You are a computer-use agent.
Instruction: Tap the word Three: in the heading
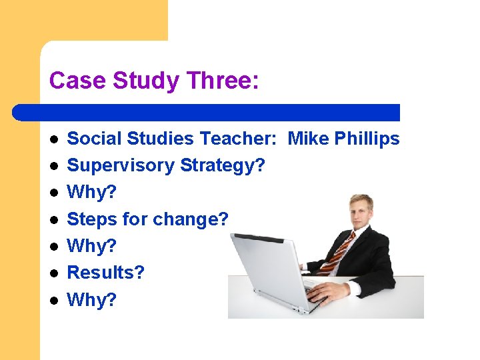223,81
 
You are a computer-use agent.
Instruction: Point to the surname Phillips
367,139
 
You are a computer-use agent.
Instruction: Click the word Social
96,139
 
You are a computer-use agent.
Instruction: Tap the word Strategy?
223,165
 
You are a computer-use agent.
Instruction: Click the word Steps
93,219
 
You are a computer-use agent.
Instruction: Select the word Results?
106,272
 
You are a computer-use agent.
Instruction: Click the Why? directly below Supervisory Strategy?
92,192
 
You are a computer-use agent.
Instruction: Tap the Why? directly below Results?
92,299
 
